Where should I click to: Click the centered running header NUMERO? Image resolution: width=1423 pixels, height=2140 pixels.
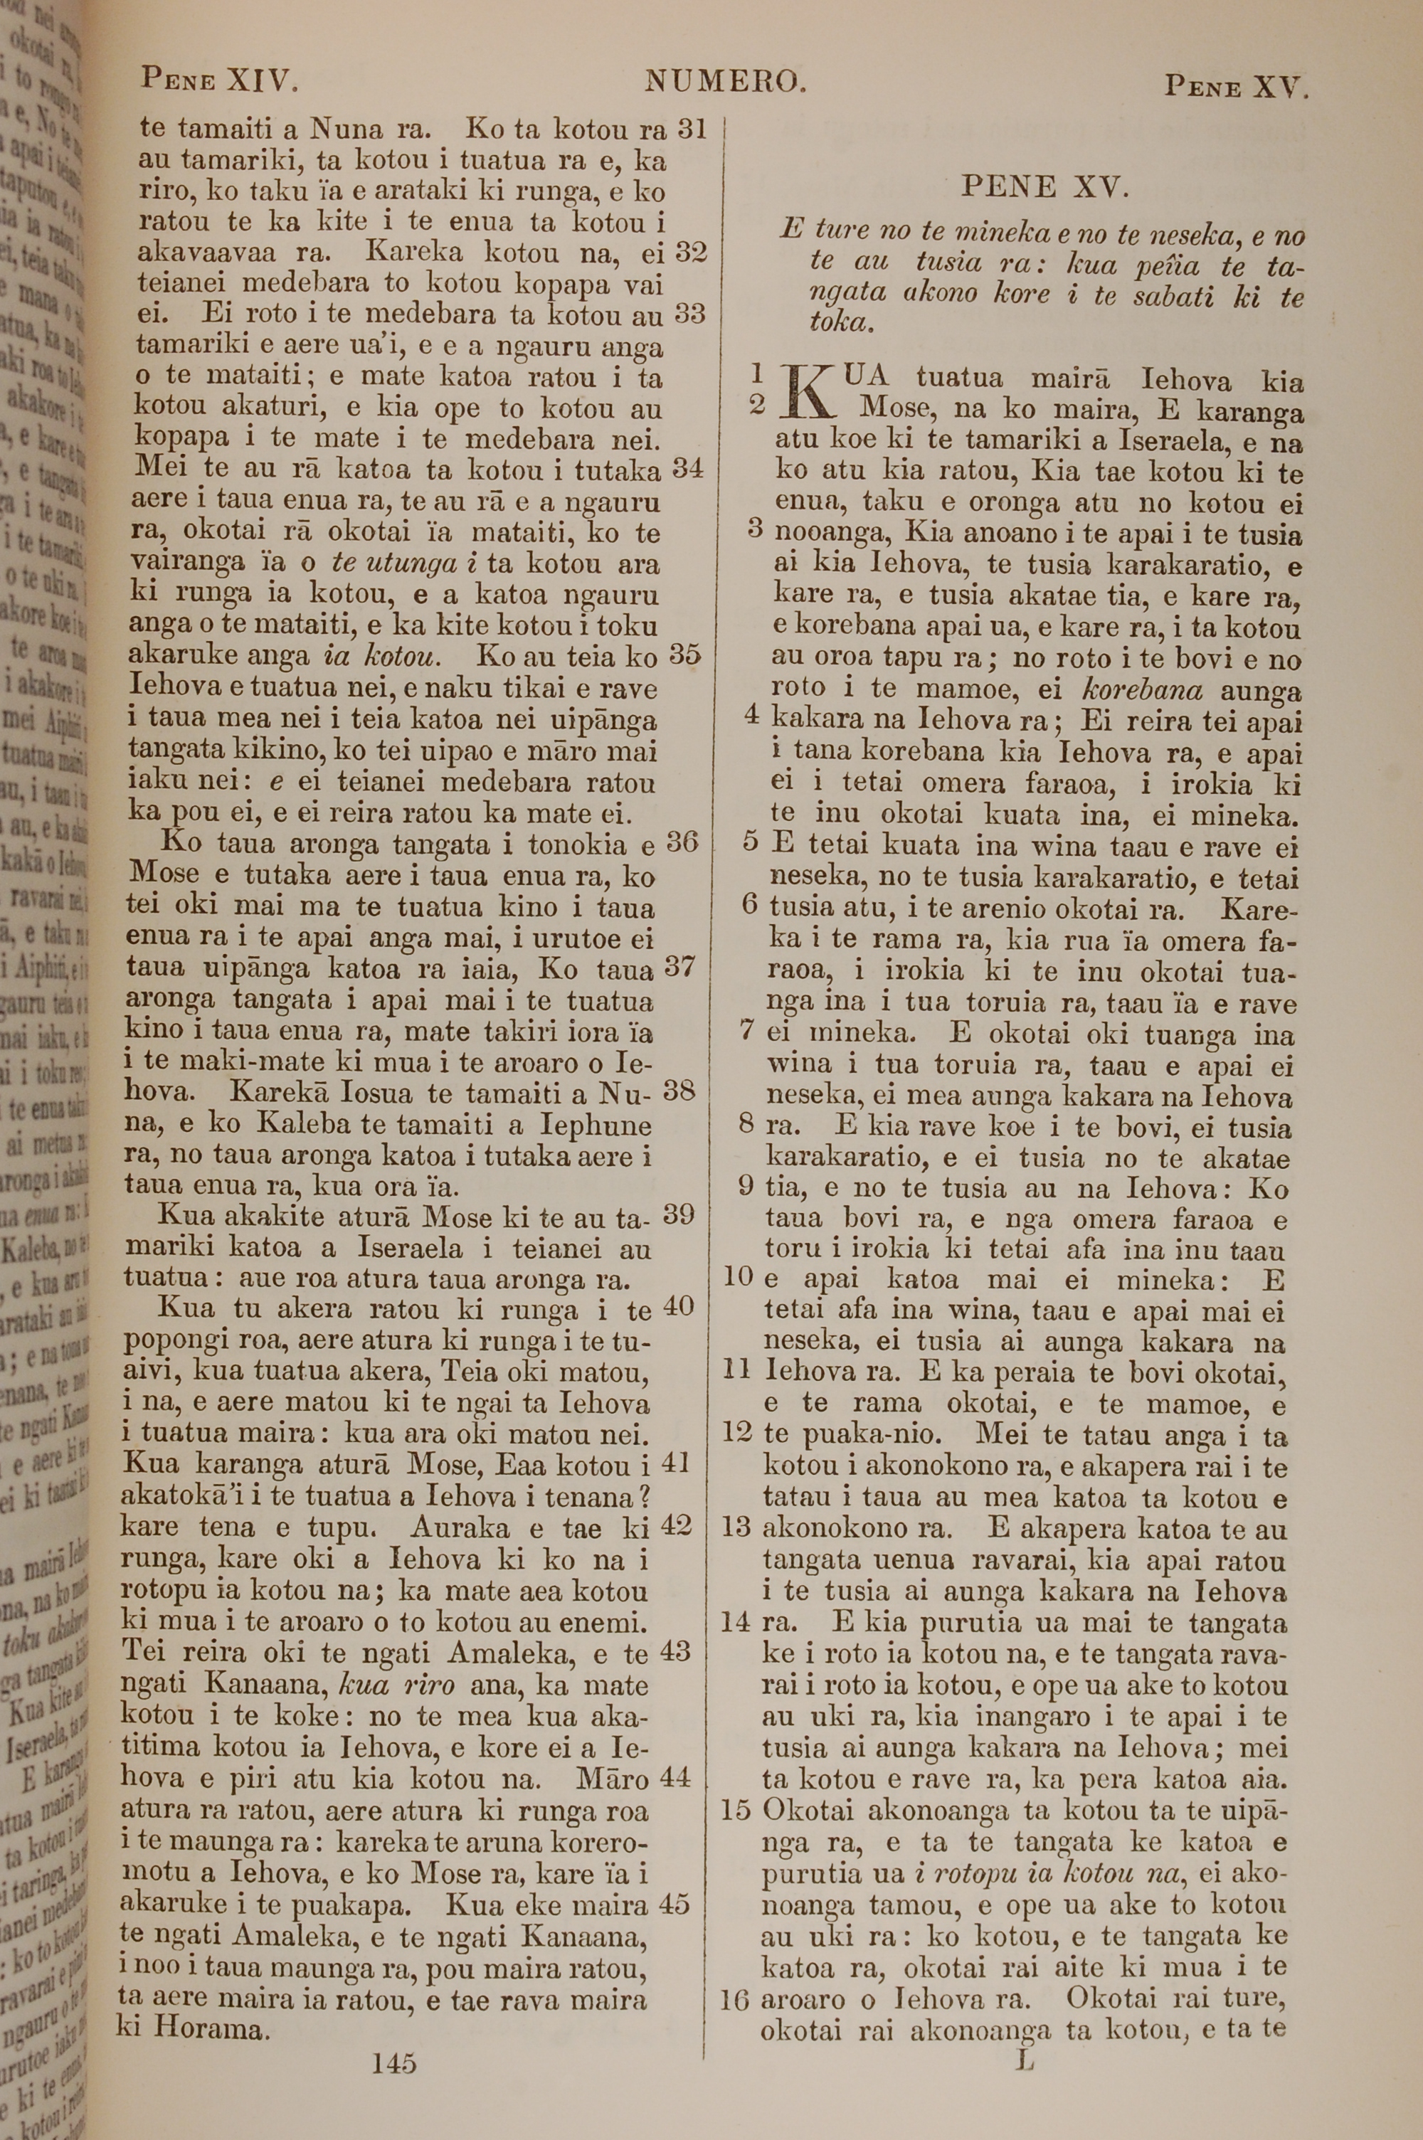725,83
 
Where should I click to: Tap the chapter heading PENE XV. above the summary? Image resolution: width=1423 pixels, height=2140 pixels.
1044,188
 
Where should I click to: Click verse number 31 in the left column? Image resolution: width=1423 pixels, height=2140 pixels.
692,129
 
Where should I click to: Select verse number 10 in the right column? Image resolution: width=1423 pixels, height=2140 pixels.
740,1278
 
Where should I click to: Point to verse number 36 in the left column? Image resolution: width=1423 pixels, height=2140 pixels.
682,843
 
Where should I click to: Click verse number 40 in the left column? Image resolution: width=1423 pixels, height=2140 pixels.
679,1307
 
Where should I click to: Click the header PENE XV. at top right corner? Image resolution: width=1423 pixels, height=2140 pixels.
1236,86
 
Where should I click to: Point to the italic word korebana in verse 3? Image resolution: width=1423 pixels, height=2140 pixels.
1143,689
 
